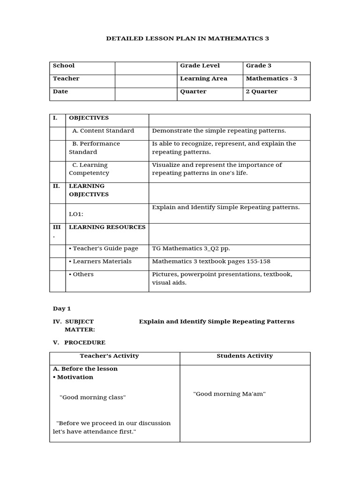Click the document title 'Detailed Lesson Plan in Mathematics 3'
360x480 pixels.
point(188,38)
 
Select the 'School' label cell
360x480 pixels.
point(64,66)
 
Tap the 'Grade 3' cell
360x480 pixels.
point(259,66)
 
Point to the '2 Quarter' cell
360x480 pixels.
point(262,91)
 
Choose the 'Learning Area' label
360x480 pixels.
point(203,79)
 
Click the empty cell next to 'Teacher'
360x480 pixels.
point(145,81)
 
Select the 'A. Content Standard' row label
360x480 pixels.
point(103,131)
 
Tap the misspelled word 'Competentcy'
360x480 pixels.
point(89,173)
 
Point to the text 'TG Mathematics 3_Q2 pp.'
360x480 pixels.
point(191,248)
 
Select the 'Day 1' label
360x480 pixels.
point(62,308)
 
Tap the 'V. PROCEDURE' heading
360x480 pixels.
point(80,343)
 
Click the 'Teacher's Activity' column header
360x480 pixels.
point(109,356)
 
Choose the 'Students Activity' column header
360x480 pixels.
point(245,356)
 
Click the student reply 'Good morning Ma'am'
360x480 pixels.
point(230,394)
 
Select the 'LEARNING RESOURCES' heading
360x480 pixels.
point(107,227)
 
